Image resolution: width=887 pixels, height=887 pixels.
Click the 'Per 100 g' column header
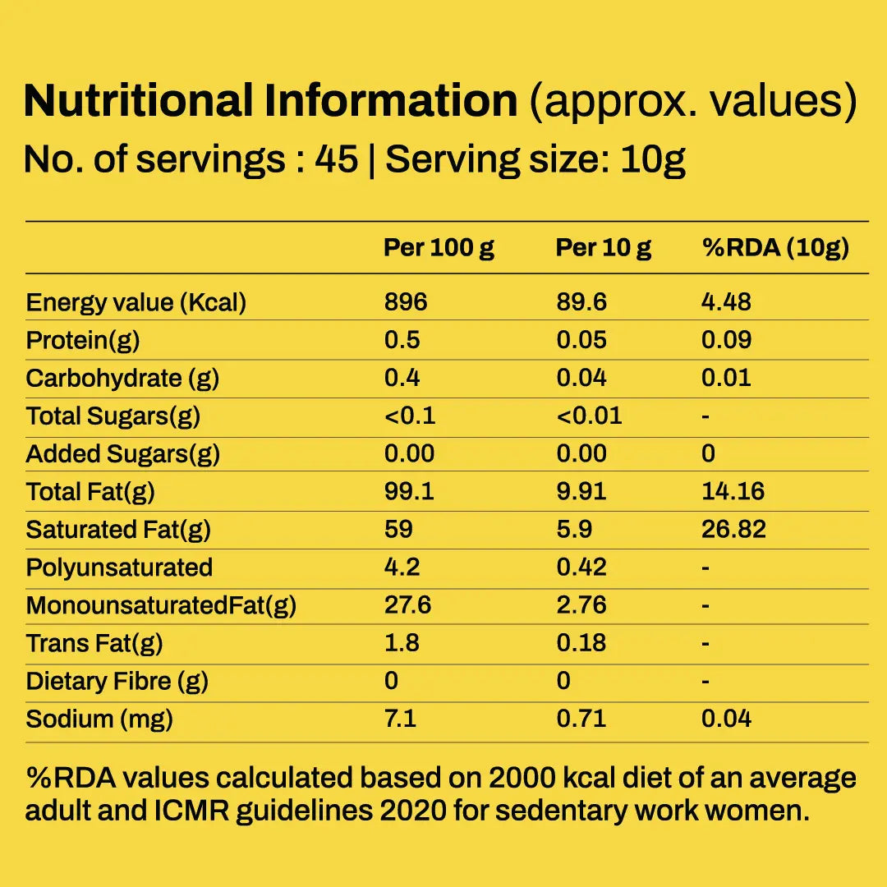tap(439, 248)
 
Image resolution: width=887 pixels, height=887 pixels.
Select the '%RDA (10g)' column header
tap(775, 248)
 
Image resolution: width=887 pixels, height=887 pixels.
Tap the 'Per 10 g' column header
tap(603, 248)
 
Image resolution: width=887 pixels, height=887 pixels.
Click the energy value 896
tap(406, 302)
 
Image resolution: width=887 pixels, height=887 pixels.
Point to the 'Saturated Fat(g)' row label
tap(118, 530)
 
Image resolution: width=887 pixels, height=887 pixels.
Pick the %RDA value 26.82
tap(733, 530)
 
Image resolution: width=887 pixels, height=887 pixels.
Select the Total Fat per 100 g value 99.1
tap(409, 491)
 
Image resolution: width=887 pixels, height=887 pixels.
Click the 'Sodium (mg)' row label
tap(99, 719)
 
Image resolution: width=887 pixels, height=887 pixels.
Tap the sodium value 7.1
tap(400, 719)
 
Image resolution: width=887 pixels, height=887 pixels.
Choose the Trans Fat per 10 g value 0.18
tap(581, 643)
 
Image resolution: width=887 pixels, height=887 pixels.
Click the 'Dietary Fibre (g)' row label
tap(117, 682)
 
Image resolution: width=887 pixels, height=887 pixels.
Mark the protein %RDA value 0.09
tap(726, 340)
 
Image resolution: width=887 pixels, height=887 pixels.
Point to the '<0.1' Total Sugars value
tap(410, 416)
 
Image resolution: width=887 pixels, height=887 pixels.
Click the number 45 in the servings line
tap(337, 159)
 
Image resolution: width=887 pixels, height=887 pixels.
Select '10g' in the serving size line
tap(653, 160)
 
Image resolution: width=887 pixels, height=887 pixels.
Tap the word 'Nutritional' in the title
tap(138, 101)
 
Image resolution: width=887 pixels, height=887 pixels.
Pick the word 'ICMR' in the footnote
tap(191, 811)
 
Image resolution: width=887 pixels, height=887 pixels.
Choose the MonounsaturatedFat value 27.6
tap(407, 605)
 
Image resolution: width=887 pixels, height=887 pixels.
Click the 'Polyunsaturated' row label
tap(119, 568)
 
